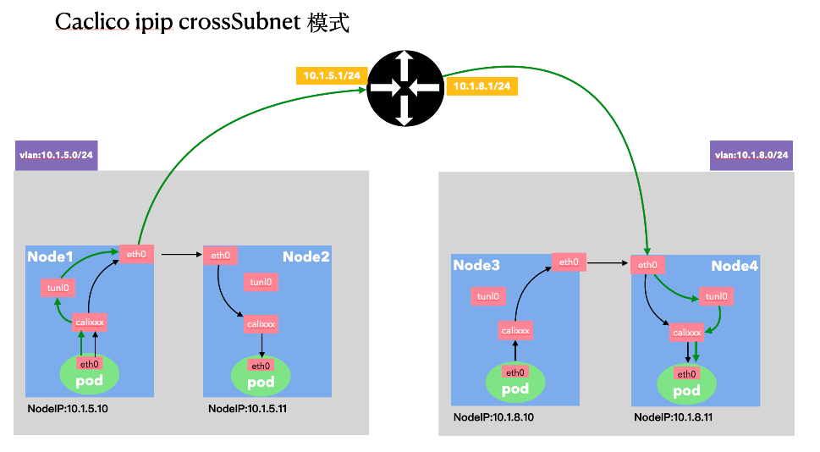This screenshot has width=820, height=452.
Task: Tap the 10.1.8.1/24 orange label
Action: pos(482,86)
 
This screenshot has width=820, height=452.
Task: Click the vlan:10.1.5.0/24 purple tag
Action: pos(56,156)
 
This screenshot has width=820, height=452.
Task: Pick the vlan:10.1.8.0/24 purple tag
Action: pos(751,155)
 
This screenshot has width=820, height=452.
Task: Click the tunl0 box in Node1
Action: pos(58,289)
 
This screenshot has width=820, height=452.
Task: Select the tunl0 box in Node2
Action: pos(261,282)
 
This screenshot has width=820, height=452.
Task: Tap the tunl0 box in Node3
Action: pos(488,296)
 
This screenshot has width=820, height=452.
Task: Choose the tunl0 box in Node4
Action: pos(716,296)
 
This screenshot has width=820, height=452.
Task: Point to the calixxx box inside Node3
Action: pos(515,330)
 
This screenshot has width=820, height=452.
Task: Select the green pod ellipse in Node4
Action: pos(686,382)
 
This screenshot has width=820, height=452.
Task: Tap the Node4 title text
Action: pos(734,266)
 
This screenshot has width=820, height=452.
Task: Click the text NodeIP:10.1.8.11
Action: pos(672,417)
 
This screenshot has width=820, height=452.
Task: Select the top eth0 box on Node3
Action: pos(569,262)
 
